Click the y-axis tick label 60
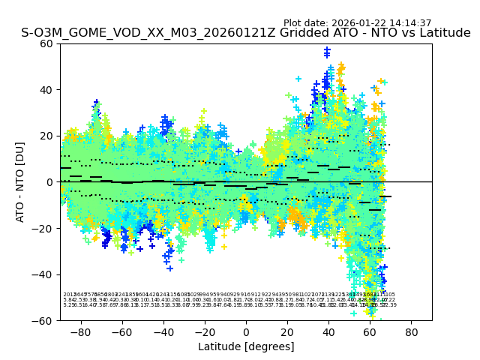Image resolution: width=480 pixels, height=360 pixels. click(x=47, y=43)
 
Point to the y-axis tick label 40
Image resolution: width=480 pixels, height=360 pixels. click(x=47, y=90)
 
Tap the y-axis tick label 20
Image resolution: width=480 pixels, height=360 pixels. click(x=47, y=136)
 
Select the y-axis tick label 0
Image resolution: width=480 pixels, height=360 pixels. click(x=50, y=182)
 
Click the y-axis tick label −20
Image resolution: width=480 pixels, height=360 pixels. click(x=43, y=229)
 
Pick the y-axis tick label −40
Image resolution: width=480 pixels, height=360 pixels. click(x=43, y=274)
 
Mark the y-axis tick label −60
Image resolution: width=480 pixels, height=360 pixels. click(x=43, y=321)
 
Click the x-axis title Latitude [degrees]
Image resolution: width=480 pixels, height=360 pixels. click(x=246, y=346)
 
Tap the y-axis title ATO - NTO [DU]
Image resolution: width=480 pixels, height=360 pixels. click(x=20, y=181)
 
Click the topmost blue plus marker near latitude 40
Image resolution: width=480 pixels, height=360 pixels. click(x=327, y=50)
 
